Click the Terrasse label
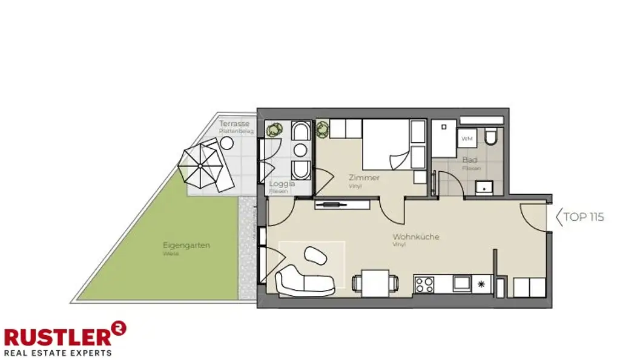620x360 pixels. (x=234, y=124)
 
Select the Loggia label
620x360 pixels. (x=282, y=183)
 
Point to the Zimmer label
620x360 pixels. (x=364, y=178)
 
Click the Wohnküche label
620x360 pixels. (x=416, y=237)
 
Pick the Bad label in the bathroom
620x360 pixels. (x=470, y=160)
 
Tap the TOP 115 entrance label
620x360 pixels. (x=583, y=217)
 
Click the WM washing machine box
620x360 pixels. (x=467, y=139)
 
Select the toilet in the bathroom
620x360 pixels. (x=491, y=137)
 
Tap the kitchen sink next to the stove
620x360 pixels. (x=462, y=283)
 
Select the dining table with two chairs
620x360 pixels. (x=376, y=283)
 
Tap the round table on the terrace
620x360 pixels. (x=227, y=143)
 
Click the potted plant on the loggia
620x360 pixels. (x=275, y=129)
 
